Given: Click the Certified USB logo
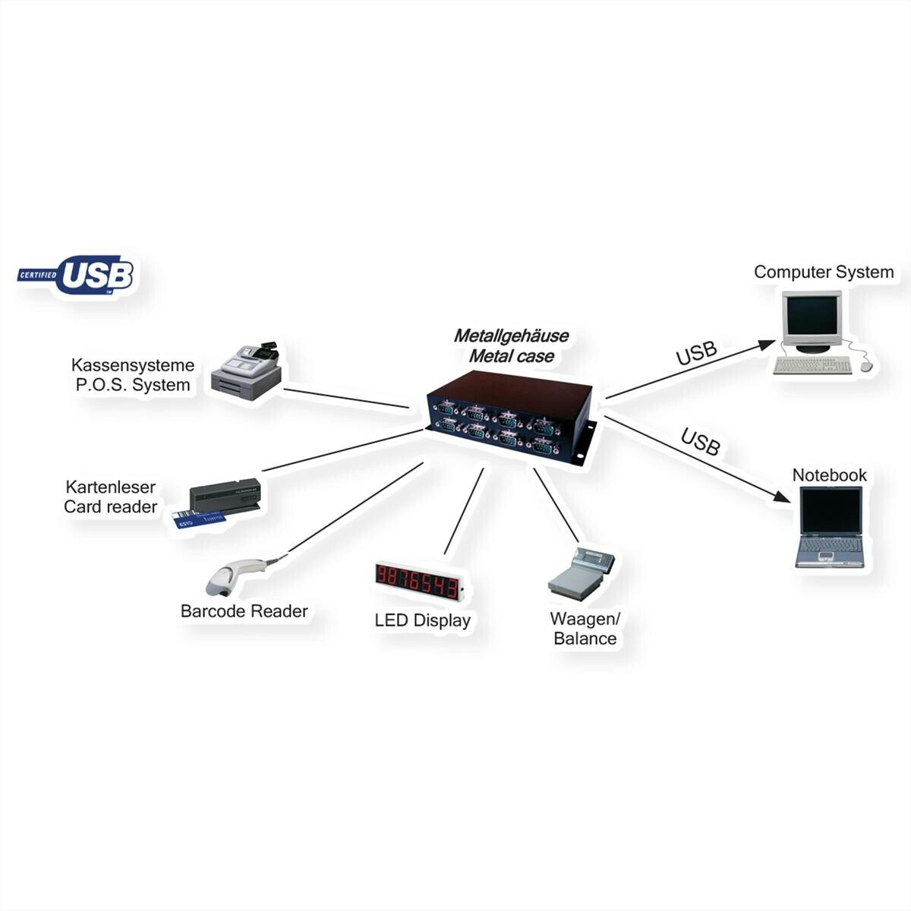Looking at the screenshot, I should (76, 274).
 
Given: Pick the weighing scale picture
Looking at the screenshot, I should (581, 571).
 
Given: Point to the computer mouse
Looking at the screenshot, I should (866, 365).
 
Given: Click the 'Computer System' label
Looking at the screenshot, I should (824, 272).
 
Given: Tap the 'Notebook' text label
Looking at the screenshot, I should (829, 475).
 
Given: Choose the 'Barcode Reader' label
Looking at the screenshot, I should (244, 611).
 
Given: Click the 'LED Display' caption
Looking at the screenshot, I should (422, 620).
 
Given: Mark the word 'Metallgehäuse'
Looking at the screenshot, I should (511, 336).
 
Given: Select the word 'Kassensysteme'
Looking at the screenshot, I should (133, 365).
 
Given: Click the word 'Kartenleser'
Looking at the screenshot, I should (110, 487).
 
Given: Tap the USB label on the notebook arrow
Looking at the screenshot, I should (700, 442).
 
